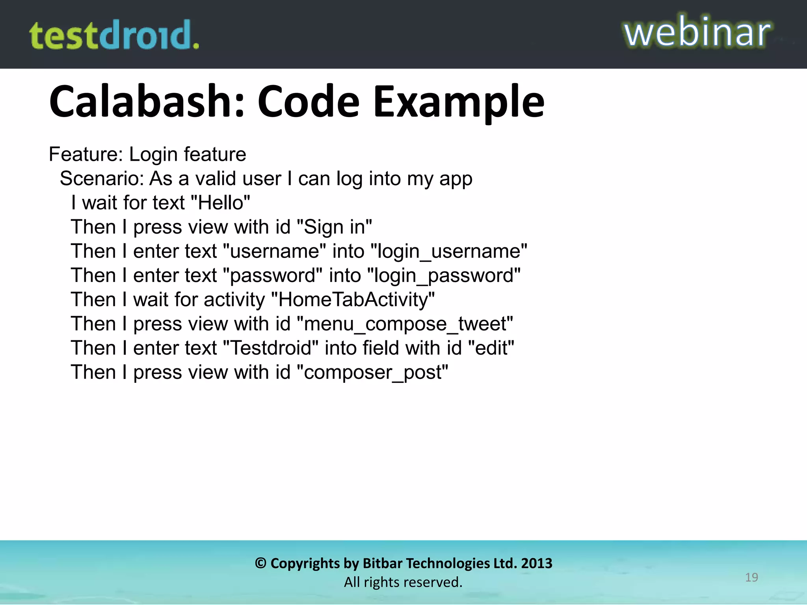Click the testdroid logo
click(114, 35)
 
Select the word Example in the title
click(459, 102)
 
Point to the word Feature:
click(86, 154)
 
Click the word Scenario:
click(102, 178)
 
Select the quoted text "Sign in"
click(334, 227)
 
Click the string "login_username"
click(449, 251)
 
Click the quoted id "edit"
click(491, 348)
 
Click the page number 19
click(751, 577)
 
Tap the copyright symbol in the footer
click(260, 563)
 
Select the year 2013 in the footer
click(537, 563)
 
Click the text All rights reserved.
click(403, 582)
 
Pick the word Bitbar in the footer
click(379, 563)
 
